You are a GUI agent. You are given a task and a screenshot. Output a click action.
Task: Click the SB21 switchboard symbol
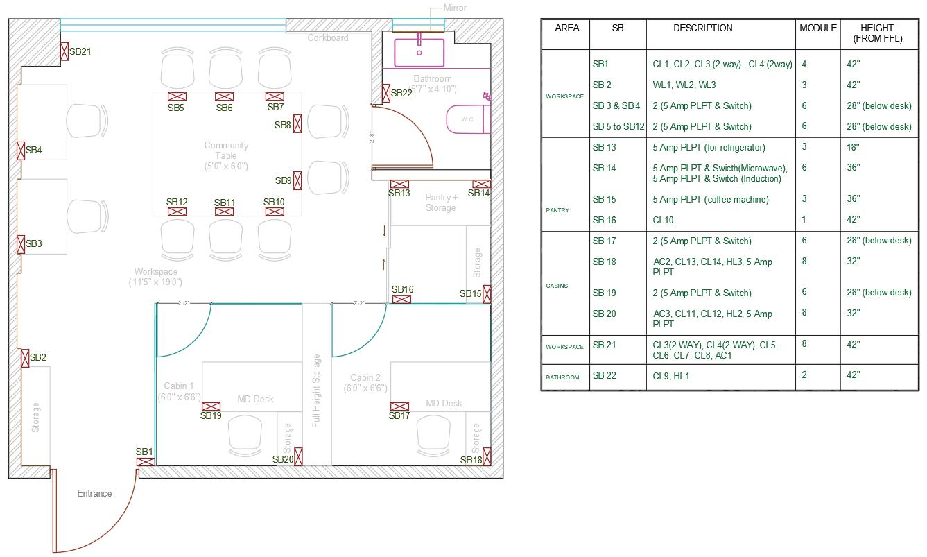click(64, 51)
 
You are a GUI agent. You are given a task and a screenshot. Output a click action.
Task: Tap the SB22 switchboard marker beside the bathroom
click(386, 93)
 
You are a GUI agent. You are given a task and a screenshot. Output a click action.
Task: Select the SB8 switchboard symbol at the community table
click(297, 123)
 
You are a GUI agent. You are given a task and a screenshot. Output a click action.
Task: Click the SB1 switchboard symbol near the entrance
click(146, 462)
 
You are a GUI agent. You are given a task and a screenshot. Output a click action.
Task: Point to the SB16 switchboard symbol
click(401, 299)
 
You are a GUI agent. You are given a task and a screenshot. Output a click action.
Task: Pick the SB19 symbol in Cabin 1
click(211, 406)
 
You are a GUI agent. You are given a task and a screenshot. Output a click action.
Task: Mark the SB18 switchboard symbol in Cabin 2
click(487, 456)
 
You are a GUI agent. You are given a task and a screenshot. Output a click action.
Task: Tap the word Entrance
click(94, 494)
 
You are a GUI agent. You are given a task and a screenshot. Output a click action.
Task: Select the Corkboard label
click(328, 37)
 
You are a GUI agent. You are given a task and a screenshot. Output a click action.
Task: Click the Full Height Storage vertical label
click(316, 391)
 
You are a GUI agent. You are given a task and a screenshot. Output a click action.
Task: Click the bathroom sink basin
click(419, 52)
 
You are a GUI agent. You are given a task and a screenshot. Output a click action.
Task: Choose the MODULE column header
click(818, 28)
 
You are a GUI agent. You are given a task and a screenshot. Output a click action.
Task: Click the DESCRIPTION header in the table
click(702, 28)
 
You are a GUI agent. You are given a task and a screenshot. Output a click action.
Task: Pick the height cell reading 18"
click(853, 147)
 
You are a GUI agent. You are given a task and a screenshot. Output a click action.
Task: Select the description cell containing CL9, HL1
click(670, 376)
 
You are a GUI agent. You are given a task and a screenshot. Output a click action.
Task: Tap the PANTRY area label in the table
click(557, 210)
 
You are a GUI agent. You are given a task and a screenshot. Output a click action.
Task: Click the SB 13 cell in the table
click(604, 147)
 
